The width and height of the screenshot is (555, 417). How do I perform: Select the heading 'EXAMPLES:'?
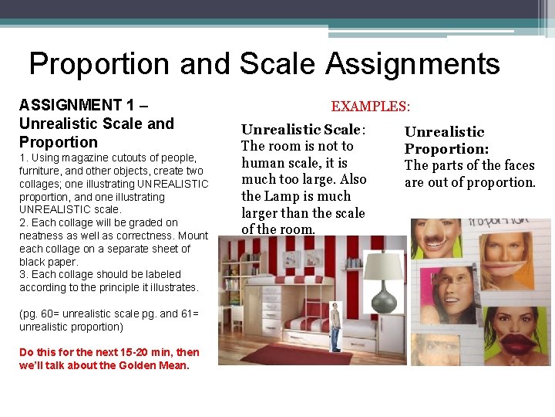tap(370, 106)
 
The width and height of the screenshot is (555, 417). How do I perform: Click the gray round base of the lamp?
tap(382, 298)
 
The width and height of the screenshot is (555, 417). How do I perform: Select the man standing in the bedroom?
tap(335, 324)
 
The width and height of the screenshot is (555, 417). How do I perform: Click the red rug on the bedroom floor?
tap(285, 353)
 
